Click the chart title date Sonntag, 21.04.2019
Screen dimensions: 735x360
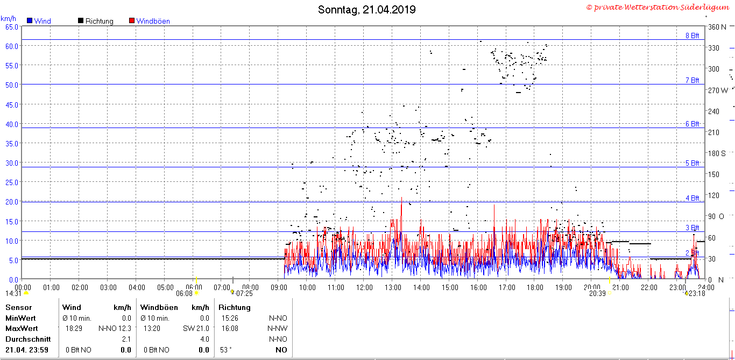pyautogui.click(x=366, y=10)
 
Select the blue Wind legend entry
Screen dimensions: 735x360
pyautogui.click(x=39, y=21)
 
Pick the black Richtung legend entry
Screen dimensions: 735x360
pyautogui.click(x=95, y=21)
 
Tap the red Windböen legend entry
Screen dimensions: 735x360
pyautogui.click(x=150, y=21)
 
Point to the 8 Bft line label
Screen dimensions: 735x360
pyautogui.click(x=692, y=36)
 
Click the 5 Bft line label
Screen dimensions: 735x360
pyautogui.click(x=692, y=163)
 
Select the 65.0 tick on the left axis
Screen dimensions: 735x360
pyautogui.click(x=12, y=27)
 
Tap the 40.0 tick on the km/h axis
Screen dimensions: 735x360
pyautogui.click(x=12, y=124)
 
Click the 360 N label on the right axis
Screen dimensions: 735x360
pyautogui.click(x=717, y=27)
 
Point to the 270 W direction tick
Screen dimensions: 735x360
pyautogui.click(x=718, y=90)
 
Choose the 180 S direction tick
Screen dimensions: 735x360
pyautogui.click(x=717, y=153)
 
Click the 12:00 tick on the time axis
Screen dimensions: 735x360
pyautogui.click(x=364, y=287)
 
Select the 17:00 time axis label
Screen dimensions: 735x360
pyautogui.click(x=507, y=287)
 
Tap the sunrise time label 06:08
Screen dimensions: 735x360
pyautogui.click(x=184, y=293)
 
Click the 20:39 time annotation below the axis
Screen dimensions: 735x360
pyautogui.click(x=597, y=293)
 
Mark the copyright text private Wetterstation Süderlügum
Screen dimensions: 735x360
pyautogui.click(x=658, y=7)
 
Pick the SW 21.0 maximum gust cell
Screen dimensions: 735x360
pyautogui.click(x=196, y=328)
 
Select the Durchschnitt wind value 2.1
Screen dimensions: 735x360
pyautogui.click(x=126, y=340)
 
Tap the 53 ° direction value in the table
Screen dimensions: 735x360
pyautogui.click(x=226, y=350)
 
